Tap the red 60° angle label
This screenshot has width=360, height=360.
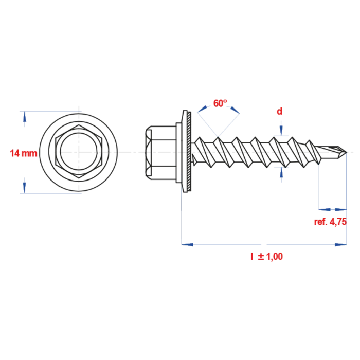[x=219, y=103]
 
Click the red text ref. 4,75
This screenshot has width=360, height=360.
[x=330, y=222]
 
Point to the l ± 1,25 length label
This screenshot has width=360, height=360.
[x=266, y=256]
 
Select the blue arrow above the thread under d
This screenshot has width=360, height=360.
[x=280, y=129]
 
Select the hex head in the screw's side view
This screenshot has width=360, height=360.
[x=161, y=153]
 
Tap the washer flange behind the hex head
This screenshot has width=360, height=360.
[x=187, y=153]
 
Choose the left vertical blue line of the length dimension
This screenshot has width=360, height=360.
[x=183, y=216]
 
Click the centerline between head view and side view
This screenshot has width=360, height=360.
[x=132, y=153]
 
